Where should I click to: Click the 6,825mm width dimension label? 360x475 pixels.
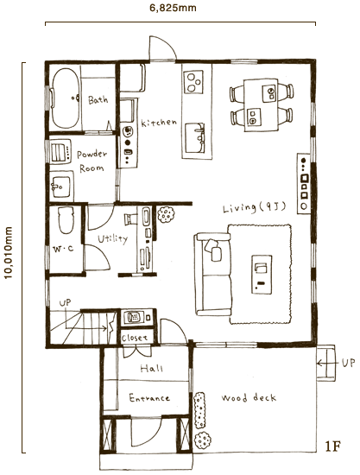tap(173, 8)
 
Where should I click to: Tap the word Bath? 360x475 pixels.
tap(98, 99)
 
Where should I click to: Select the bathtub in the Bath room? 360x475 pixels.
tap(66, 98)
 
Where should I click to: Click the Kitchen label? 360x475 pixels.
tap(159, 123)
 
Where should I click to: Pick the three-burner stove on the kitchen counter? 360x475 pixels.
tap(193, 81)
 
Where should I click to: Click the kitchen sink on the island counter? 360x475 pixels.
tap(195, 138)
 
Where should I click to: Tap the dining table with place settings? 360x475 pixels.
tap(261, 105)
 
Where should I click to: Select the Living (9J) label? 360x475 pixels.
tap(255, 207)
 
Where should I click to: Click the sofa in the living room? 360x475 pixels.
tap(212, 274)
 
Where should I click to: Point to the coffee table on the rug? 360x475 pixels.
tap(262, 274)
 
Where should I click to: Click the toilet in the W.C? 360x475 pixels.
tap(66, 220)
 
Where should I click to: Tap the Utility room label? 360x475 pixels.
tap(112, 239)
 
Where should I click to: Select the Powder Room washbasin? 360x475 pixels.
tap(61, 185)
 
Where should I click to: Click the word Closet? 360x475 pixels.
tap(135, 338)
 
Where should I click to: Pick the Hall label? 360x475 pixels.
tap(151, 368)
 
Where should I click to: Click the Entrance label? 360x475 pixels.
tap(149, 398)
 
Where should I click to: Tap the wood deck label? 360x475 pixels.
tap(249, 397)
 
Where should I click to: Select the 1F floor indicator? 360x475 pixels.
tap(333, 446)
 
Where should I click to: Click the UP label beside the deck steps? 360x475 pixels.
tap(349, 363)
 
